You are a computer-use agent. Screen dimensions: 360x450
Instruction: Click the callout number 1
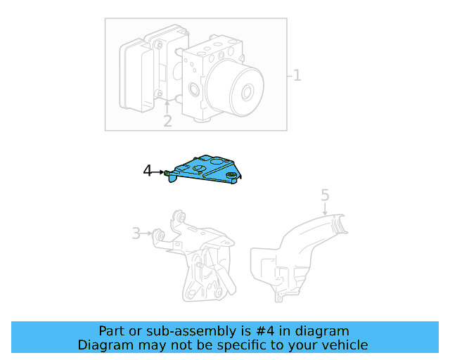click(297, 75)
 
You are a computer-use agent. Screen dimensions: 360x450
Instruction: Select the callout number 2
click(167, 121)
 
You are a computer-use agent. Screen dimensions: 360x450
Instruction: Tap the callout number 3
click(136, 233)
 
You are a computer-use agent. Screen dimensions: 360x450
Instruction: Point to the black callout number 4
click(148, 171)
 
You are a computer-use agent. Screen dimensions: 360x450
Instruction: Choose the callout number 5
click(325, 193)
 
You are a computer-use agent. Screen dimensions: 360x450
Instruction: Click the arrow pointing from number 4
click(160, 172)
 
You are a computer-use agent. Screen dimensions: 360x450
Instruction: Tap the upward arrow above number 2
click(167, 106)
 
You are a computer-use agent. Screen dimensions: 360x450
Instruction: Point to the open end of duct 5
click(342, 224)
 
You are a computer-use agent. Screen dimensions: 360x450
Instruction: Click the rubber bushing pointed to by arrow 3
click(159, 233)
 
